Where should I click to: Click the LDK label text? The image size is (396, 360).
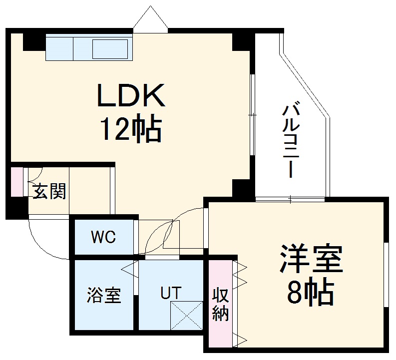tap(131, 96)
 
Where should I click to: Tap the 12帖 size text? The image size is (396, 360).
tap(131, 129)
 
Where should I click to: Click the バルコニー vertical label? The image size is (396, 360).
tap(292, 140)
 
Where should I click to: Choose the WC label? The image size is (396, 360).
tap(103, 237)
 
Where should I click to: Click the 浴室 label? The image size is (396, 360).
tap(103, 295)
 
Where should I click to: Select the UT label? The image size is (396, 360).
tap(171, 293)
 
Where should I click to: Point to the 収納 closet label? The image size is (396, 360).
tap(220, 305)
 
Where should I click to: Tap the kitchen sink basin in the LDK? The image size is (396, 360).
tap(111, 49)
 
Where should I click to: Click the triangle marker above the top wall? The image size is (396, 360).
tap(151, 19)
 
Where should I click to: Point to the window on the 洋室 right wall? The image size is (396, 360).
tap(387, 274)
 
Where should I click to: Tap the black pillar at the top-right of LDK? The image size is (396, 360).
tap(243, 41)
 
